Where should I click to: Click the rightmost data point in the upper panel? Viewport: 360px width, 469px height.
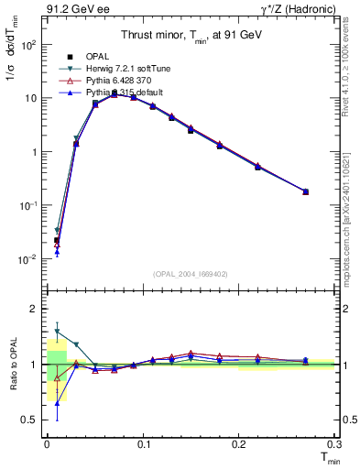pyautogui.click(x=305, y=191)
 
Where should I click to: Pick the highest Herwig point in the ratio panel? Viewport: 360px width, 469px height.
pyautogui.click(x=57, y=332)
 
